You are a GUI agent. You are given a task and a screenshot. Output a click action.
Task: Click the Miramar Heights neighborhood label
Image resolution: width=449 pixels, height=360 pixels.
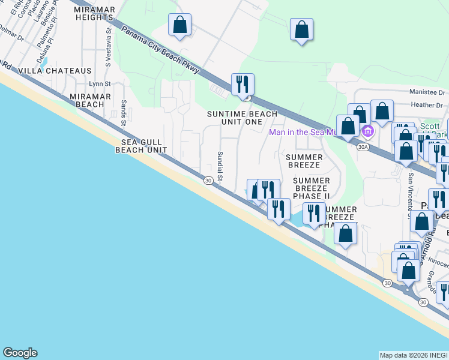94,13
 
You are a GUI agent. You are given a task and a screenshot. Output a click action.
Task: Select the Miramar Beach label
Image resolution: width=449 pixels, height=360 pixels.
90,100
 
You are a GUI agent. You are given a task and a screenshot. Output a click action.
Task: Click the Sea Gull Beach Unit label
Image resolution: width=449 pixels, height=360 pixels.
140,146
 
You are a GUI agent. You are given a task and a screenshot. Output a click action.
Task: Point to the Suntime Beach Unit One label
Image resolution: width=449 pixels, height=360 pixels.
242,118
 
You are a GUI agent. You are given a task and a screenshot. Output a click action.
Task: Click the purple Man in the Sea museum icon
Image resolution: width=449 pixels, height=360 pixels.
368,131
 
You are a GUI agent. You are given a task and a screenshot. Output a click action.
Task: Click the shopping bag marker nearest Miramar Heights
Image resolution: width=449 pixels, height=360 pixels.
179,25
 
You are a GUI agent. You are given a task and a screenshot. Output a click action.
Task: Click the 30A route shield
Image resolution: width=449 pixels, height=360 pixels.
362,146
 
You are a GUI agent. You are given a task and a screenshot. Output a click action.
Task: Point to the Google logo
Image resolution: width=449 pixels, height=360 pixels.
20,353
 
